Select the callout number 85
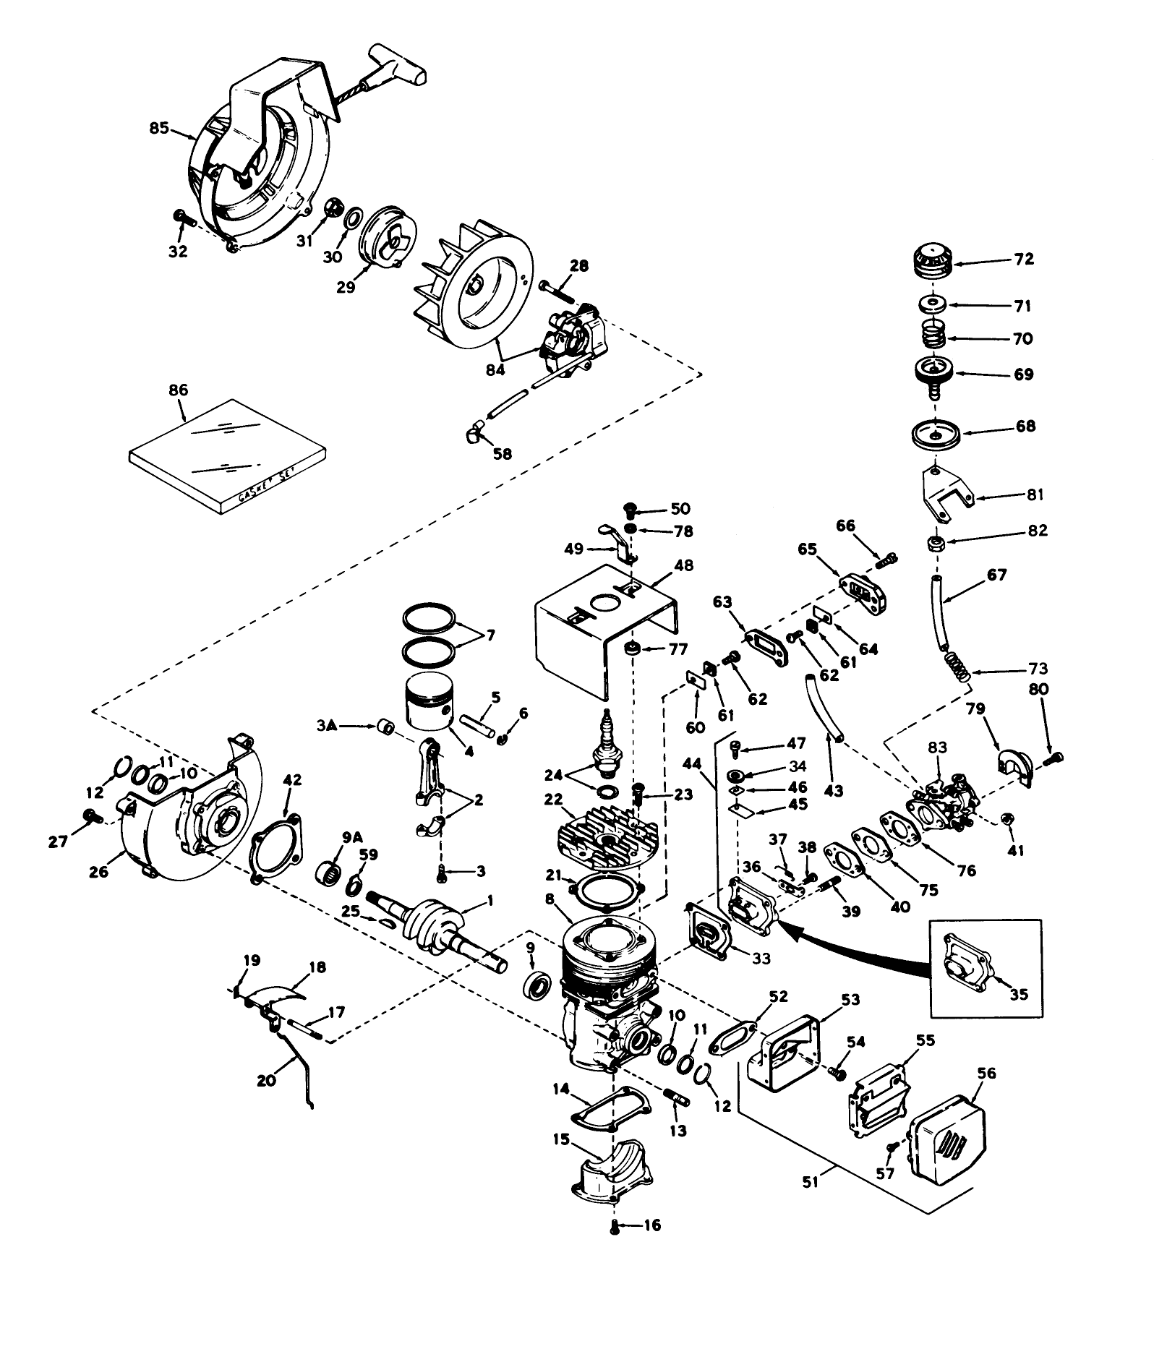click(x=158, y=129)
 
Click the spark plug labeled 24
click(x=603, y=753)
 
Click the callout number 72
click(x=1025, y=259)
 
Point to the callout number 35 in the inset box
click(x=1018, y=994)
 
